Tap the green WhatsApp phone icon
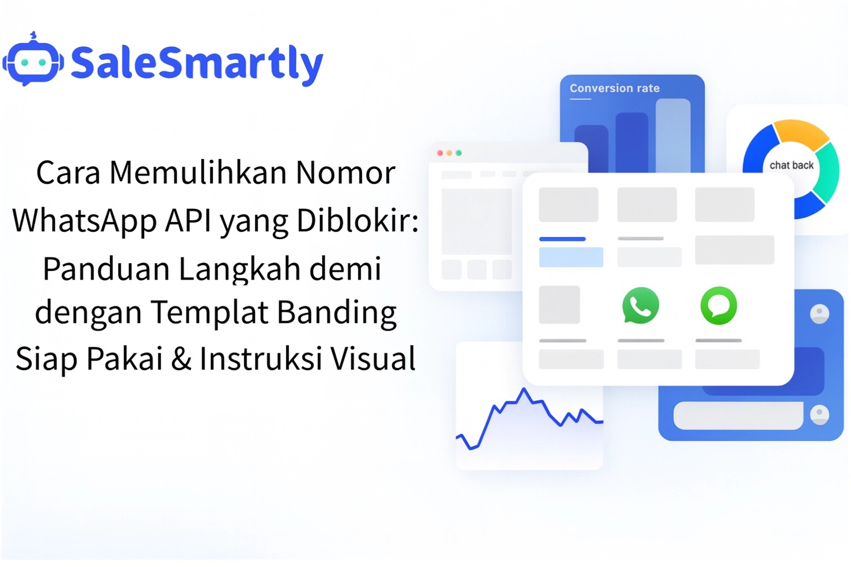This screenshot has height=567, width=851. pos(640,305)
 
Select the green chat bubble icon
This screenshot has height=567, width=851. pos(719,305)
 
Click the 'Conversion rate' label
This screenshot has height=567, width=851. pos(614,88)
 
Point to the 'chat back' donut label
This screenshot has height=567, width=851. pos(791,165)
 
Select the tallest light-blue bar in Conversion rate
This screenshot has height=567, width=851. pos(673,136)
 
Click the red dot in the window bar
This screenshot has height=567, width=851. pos(440,153)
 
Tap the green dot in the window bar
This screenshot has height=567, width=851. pos(459,153)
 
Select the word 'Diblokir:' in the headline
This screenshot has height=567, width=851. pos(357,220)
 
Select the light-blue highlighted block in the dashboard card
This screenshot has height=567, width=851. pos(571,257)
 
